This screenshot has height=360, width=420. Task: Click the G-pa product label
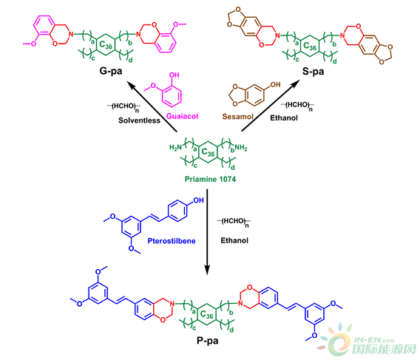click(111, 71)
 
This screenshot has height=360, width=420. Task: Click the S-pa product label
click(313, 72)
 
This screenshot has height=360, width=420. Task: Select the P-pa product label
click(208, 341)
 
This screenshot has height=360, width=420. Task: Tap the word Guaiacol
click(182, 116)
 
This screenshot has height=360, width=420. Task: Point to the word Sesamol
click(238, 117)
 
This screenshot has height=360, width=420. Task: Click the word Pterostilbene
click(172, 241)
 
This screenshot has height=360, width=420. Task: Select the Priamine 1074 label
click(210, 179)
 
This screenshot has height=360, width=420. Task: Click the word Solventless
click(139, 120)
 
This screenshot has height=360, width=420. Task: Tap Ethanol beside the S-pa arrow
click(284, 118)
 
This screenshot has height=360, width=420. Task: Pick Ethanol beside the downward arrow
click(234, 240)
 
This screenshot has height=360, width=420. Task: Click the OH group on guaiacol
click(174, 75)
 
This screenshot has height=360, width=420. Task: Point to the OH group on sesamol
click(275, 85)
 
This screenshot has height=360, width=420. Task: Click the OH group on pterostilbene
click(198, 200)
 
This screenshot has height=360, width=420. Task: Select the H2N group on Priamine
click(176, 147)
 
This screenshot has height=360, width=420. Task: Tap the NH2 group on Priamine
click(241, 147)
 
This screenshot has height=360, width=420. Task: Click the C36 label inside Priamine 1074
click(208, 152)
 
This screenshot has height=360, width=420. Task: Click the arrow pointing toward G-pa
click(152, 107)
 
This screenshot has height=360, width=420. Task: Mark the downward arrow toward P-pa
click(207, 232)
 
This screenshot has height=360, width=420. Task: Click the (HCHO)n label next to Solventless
click(123, 107)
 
